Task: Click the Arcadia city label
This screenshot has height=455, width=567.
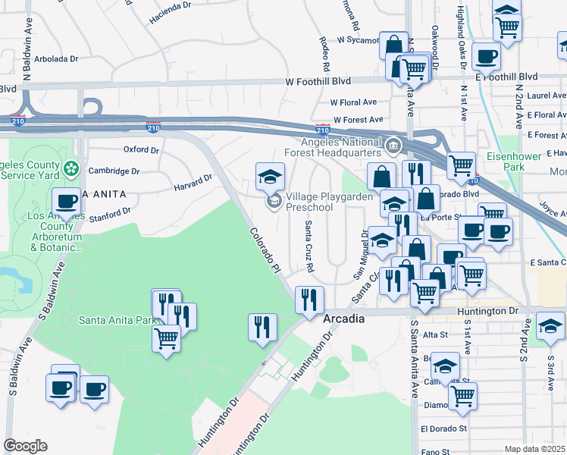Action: tap(343, 319)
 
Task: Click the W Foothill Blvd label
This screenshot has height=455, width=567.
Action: tap(318, 82)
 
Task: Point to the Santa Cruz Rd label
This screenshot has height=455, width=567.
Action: tap(309, 246)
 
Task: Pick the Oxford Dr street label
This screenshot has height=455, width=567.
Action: tap(142, 149)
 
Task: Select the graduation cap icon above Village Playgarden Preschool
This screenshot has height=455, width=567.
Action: tap(269, 177)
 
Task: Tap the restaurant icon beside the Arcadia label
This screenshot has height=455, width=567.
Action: tap(309, 300)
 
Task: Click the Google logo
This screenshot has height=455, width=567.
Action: tap(26, 446)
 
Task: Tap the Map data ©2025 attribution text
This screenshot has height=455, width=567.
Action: tap(535, 449)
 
